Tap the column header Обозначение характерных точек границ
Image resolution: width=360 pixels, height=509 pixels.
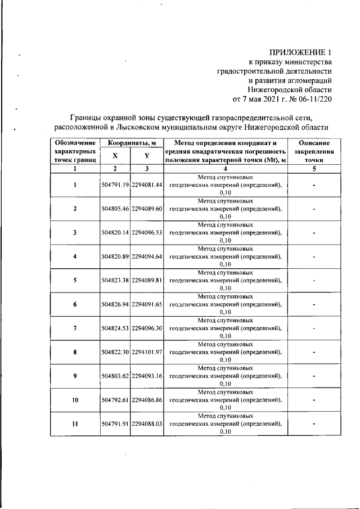(75, 152)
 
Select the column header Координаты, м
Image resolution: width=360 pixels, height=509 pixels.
(132, 143)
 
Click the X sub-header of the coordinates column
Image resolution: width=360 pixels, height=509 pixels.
(115, 156)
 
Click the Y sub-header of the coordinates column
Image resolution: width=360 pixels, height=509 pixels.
(147, 156)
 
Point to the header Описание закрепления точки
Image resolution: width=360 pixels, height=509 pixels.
(314, 152)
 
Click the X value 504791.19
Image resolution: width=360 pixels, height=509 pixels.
(115, 185)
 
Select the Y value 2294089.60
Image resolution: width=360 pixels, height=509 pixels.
(147, 209)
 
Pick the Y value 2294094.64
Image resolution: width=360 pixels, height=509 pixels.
(147, 256)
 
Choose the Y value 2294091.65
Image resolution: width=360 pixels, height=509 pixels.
(147, 304)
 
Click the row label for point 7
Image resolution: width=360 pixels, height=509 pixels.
(75, 328)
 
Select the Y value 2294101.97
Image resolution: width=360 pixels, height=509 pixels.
(147, 352)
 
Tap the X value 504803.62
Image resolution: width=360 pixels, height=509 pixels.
(115, 376)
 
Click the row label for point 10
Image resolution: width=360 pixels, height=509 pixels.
(75, 400)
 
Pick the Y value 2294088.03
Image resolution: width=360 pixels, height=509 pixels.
(147, 424)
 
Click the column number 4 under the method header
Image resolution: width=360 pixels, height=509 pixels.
(225, 168)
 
